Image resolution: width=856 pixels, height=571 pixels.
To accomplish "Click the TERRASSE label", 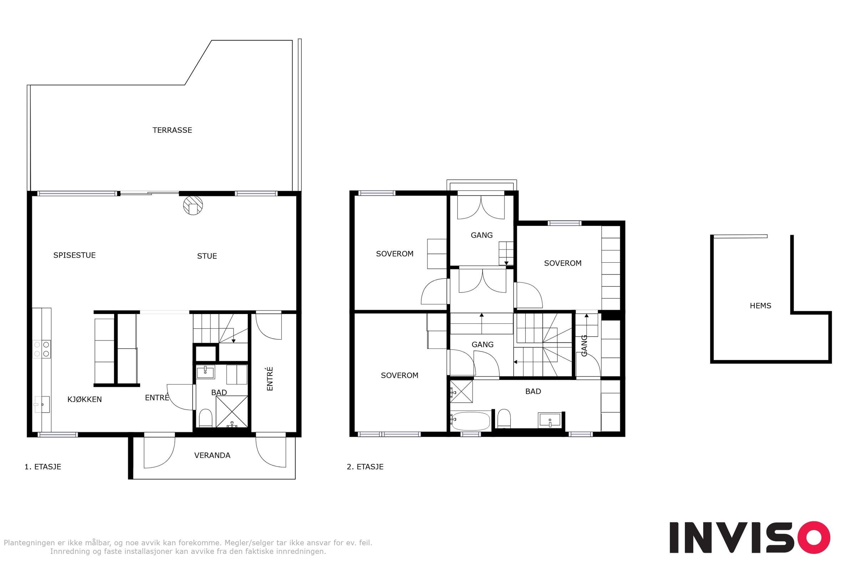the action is (x=172, y=130).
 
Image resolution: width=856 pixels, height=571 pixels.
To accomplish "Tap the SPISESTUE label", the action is (x=75, y=255).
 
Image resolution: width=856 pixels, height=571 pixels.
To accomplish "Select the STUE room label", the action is (x=207, y=256).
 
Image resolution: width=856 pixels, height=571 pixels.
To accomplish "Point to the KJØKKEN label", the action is (x=85, y=399).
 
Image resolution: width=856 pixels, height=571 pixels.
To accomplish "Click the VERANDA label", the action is (x=212, y=455).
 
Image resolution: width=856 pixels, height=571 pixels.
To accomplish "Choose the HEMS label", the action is (x=760, y=306).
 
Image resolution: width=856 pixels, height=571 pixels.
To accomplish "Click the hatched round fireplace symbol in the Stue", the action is (x=193, y=206).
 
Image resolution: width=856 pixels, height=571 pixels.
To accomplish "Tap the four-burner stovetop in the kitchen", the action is (x=41, y=349).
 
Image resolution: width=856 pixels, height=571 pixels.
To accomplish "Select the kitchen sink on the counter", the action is (x=42, y=405).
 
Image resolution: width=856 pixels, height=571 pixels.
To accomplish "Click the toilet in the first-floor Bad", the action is (x=206, y=418).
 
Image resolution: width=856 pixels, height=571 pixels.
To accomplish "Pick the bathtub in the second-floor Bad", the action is (x=470, y=421).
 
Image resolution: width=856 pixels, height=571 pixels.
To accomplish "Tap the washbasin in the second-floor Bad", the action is (x=550, y=420).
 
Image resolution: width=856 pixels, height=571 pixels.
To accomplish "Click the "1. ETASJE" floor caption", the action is (x=42, y=467).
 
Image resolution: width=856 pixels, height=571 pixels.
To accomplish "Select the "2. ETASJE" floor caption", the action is (x=365, y=467).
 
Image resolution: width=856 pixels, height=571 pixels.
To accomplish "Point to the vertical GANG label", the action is (x=584, y=346).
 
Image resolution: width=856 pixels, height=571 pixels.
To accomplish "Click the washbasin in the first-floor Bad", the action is (x=205, y=372).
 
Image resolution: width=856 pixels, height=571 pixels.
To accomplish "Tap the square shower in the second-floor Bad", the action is (x=462, y=391).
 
